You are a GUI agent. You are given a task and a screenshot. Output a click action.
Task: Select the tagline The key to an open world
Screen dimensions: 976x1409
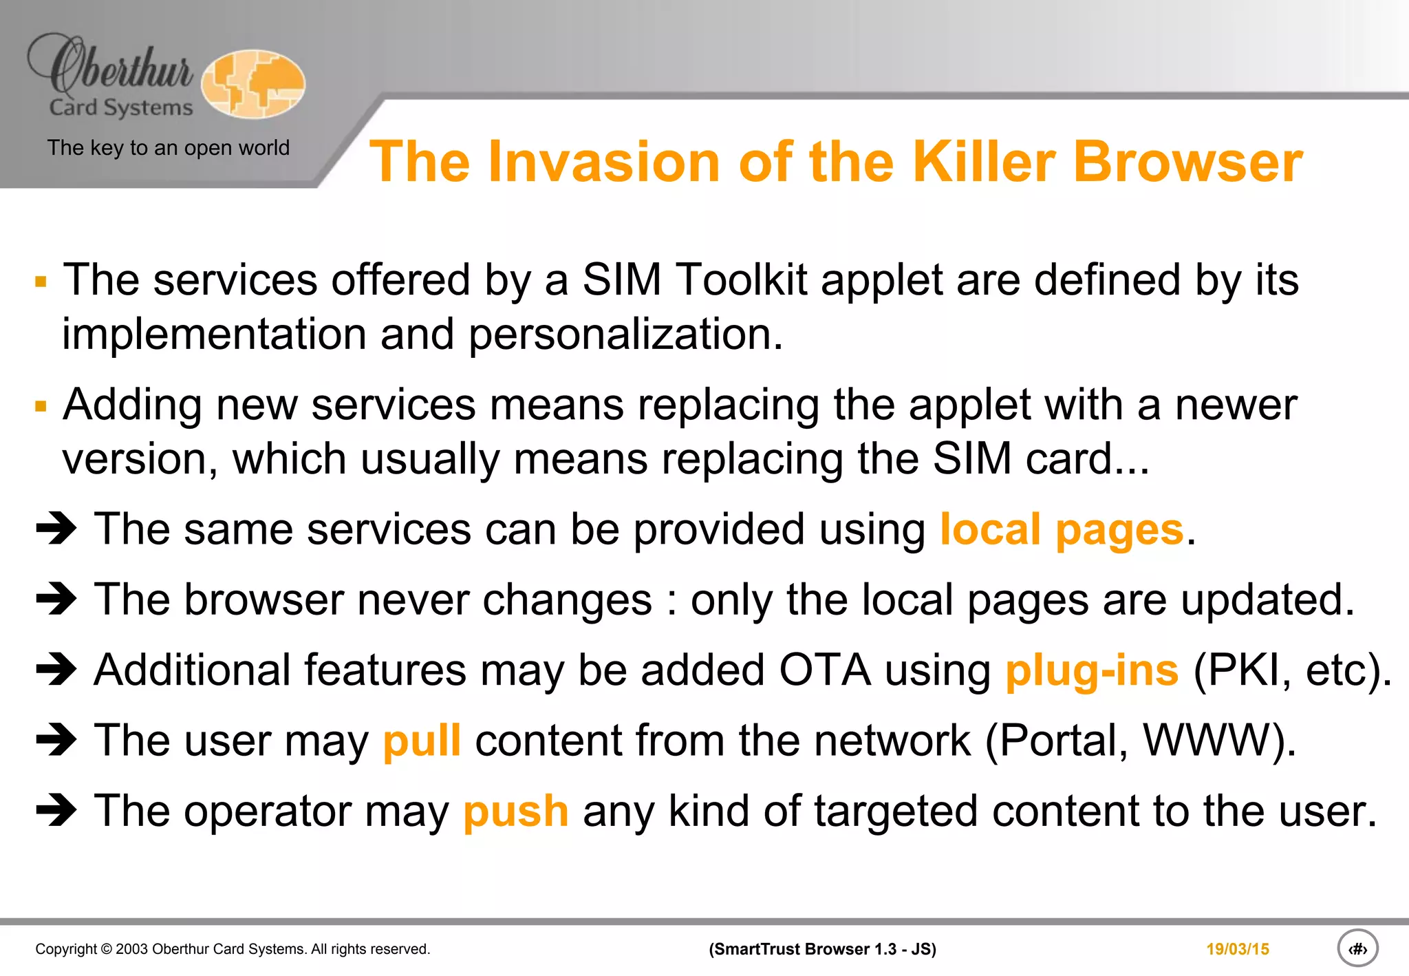click(168, 148)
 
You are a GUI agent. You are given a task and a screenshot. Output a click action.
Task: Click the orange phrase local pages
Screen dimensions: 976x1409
click(1062, 530)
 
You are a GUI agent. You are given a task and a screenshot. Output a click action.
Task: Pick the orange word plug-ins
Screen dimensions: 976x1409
click(1092, 670)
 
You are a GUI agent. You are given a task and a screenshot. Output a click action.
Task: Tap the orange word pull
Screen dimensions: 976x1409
click(421, 741)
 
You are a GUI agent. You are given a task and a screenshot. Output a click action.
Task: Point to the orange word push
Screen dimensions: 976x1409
click(515, 811)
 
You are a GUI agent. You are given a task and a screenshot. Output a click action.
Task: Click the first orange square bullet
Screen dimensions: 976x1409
click(41, 282)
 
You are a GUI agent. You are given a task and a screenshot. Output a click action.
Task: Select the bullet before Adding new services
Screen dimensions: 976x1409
click(41, 407)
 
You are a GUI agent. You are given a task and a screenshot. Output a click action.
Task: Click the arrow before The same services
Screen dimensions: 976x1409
click(56, 529)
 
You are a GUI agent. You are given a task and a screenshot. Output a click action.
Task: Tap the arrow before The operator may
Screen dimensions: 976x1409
click(56, 811)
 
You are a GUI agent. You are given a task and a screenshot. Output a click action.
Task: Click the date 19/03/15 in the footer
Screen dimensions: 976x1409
click(1237, 949)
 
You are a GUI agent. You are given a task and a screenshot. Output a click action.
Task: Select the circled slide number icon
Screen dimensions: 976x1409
click(1357, 948)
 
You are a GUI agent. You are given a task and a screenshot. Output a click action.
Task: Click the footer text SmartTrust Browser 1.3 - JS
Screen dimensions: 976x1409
click(822, 949)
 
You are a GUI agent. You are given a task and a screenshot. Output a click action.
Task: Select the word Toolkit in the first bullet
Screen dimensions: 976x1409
click(741, 280)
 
